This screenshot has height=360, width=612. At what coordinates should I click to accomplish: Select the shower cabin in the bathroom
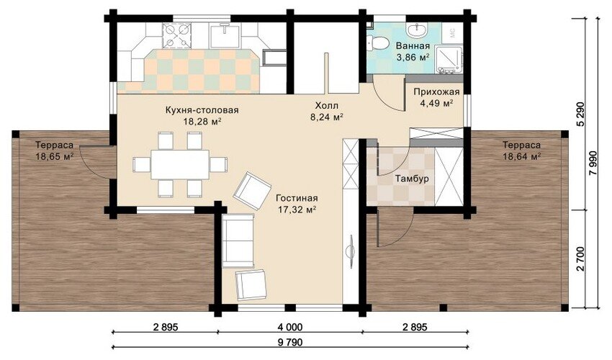(x=449, y=59)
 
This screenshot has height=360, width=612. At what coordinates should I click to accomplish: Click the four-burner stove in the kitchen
(x=177, y=35)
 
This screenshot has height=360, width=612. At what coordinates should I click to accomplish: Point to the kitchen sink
(x=225, y=35)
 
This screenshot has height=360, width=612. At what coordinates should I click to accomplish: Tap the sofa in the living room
(x=238, y=240)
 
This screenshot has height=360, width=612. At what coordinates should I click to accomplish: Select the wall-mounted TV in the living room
(x=350, y=251)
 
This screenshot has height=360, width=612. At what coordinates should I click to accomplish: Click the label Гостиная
(x=297, y=198)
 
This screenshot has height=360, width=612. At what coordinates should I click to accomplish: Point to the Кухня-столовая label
(x=202, y=110)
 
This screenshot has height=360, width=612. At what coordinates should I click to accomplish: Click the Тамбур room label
(x=412, y=179)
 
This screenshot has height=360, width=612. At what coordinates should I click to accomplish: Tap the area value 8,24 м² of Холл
(x=327, y=116)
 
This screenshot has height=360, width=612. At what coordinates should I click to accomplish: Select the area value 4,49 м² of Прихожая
(x=436, y=103)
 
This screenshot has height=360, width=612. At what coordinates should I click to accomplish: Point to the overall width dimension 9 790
(x=290, y=343)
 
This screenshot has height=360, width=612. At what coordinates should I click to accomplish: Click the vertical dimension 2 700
(x=581, y=258)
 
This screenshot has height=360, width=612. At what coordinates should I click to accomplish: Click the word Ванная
(x=413, y=46)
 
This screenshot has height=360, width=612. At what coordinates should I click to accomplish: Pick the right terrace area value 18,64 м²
(x=521, y=156)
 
